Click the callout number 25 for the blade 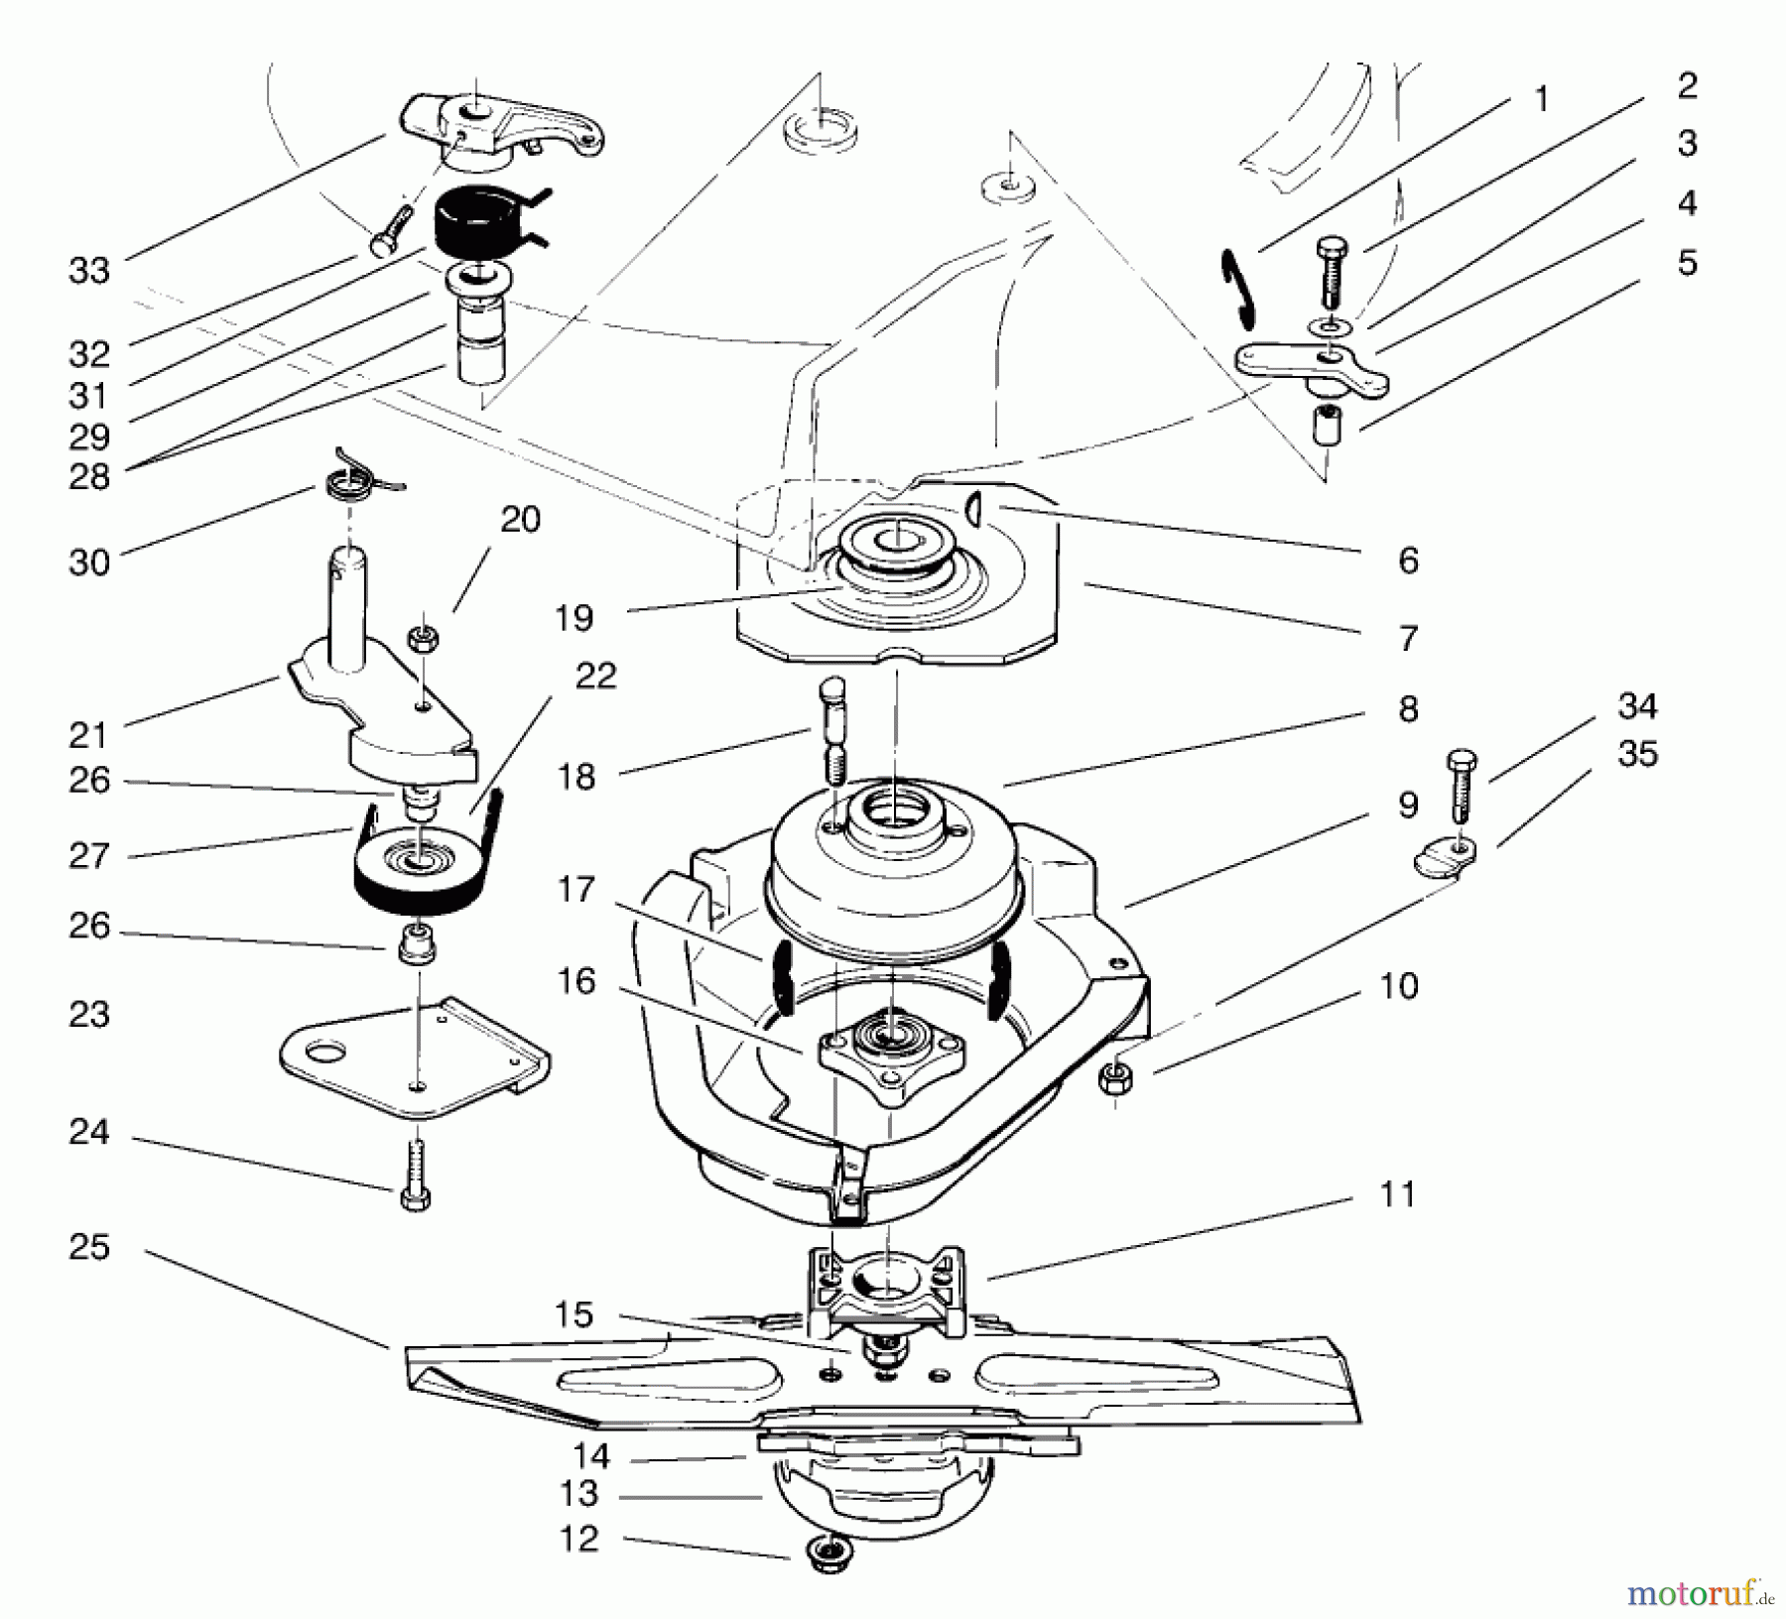(88, 1247)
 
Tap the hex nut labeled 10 (1115, 1074)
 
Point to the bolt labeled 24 (416, 1175)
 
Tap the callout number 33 (88, 270)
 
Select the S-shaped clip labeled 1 (1235, 287)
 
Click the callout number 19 (574, 618)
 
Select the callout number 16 (576, 982)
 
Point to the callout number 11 (1397, 1195)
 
